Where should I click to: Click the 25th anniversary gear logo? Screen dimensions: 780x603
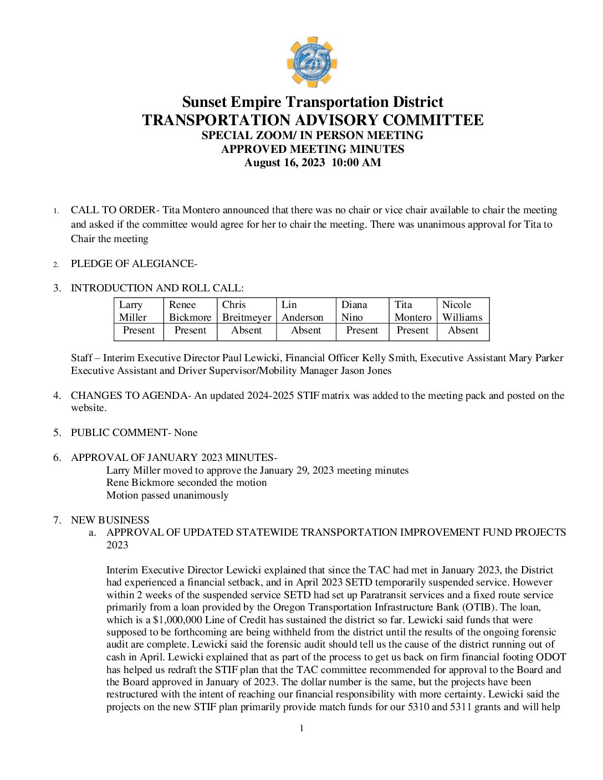point(312,62)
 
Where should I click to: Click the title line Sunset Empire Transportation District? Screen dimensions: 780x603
point(313,102)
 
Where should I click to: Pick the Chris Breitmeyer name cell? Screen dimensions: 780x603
point(247,311)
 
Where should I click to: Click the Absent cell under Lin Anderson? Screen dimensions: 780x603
point(306,331)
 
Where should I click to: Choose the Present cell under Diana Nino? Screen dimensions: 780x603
point(362,331)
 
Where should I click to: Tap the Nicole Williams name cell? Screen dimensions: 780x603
point(462,311)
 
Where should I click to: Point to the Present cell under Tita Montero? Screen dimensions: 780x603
point(412,331)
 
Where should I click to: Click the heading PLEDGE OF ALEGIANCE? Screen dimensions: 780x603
point(134,264)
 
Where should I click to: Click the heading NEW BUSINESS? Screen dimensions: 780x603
point(110,520)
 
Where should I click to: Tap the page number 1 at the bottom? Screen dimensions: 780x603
point(301,728)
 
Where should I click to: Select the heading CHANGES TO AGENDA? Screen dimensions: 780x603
point(129,396)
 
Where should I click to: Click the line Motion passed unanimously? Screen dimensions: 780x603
point(167,495)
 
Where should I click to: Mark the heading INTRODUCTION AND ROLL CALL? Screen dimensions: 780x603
point(157,288)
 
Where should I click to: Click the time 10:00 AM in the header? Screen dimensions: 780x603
point(356,163)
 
